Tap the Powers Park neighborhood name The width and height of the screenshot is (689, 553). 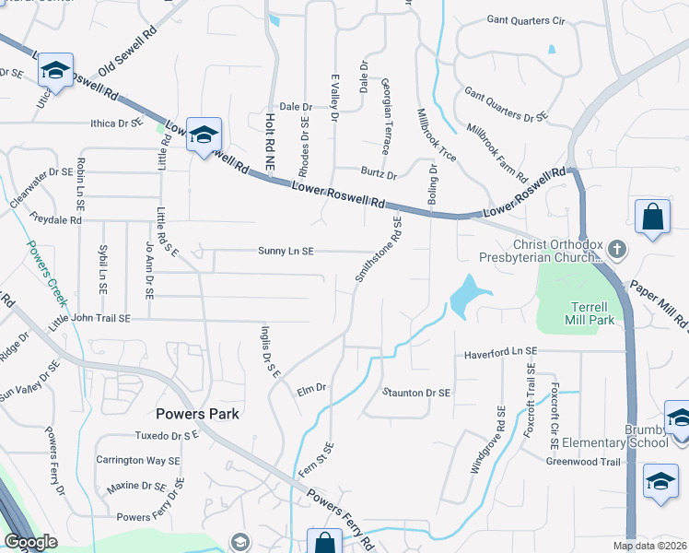click(197, 414)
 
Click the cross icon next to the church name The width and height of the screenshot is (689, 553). click(617, 249)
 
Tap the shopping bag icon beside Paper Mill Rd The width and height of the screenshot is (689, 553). click(652, 218)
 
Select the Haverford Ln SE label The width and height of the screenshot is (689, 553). click(500, 353)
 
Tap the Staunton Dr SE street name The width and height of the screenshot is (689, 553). click(417, 393)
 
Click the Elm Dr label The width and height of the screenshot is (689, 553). click(312, 389)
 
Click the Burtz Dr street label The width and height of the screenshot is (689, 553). click(379, 174)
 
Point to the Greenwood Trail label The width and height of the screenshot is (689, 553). click(584, 462)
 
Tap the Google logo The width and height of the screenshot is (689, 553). click(30, 542)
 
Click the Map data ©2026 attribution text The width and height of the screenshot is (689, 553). click(649, 546)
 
